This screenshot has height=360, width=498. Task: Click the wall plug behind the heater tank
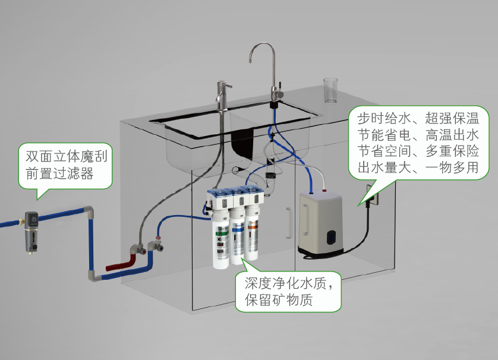372,195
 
